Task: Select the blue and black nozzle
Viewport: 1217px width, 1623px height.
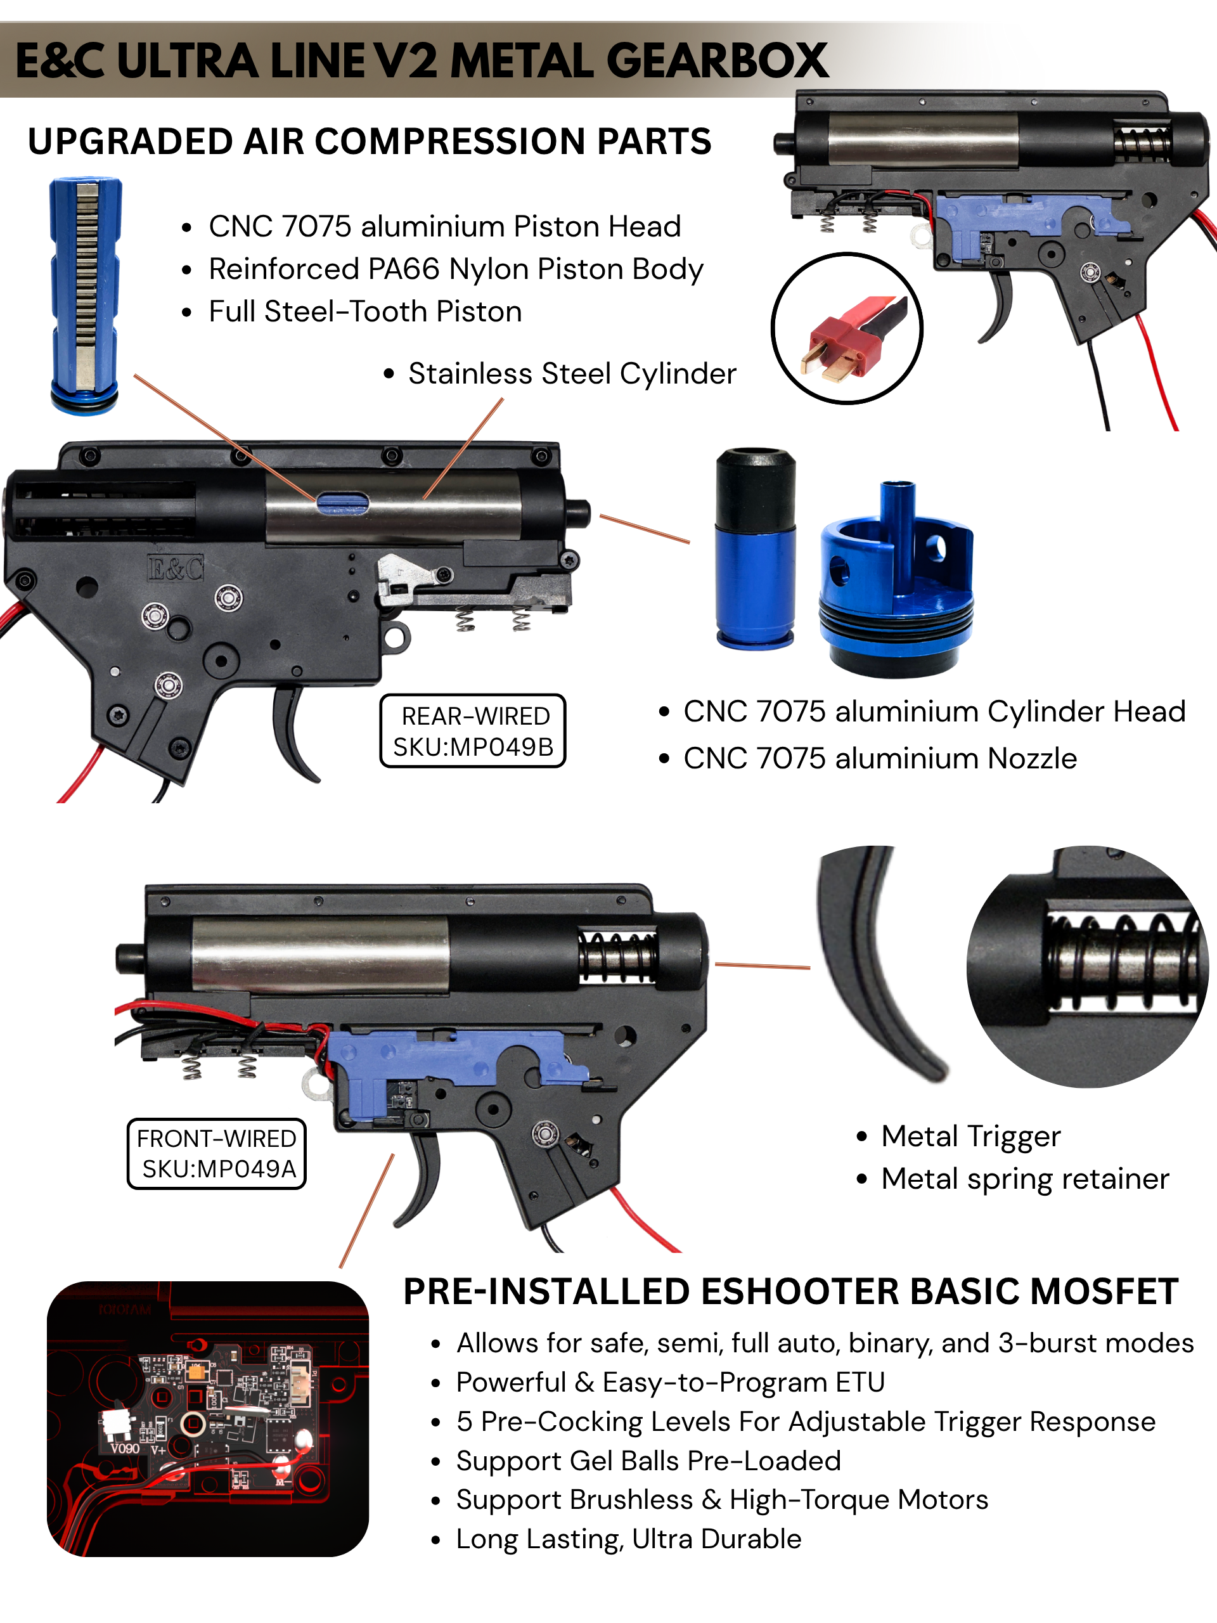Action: pyautogui.click(x=755, y=549)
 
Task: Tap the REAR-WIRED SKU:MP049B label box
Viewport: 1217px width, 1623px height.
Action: pyautogui.click(x=472, y=731)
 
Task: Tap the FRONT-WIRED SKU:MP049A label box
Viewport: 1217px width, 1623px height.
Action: pyautogui.click(x=216, y=1153)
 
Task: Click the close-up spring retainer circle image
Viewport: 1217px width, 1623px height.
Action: pyautogui.click(x=1087, y=967)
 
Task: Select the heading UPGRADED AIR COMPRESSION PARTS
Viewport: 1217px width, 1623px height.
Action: pyautogui.click(x=369, y=141)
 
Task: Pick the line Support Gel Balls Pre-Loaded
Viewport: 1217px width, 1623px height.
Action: pyautogui.click(x=648, y=1461)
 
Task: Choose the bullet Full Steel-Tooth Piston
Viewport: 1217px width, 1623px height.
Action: pyautogui.click(x=364, y=312)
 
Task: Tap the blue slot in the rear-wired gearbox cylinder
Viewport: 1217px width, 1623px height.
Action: pyautogui.click(x=342, y=503)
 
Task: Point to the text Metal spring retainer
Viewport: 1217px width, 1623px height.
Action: pyautogui.click(x=1024, y=1179)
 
